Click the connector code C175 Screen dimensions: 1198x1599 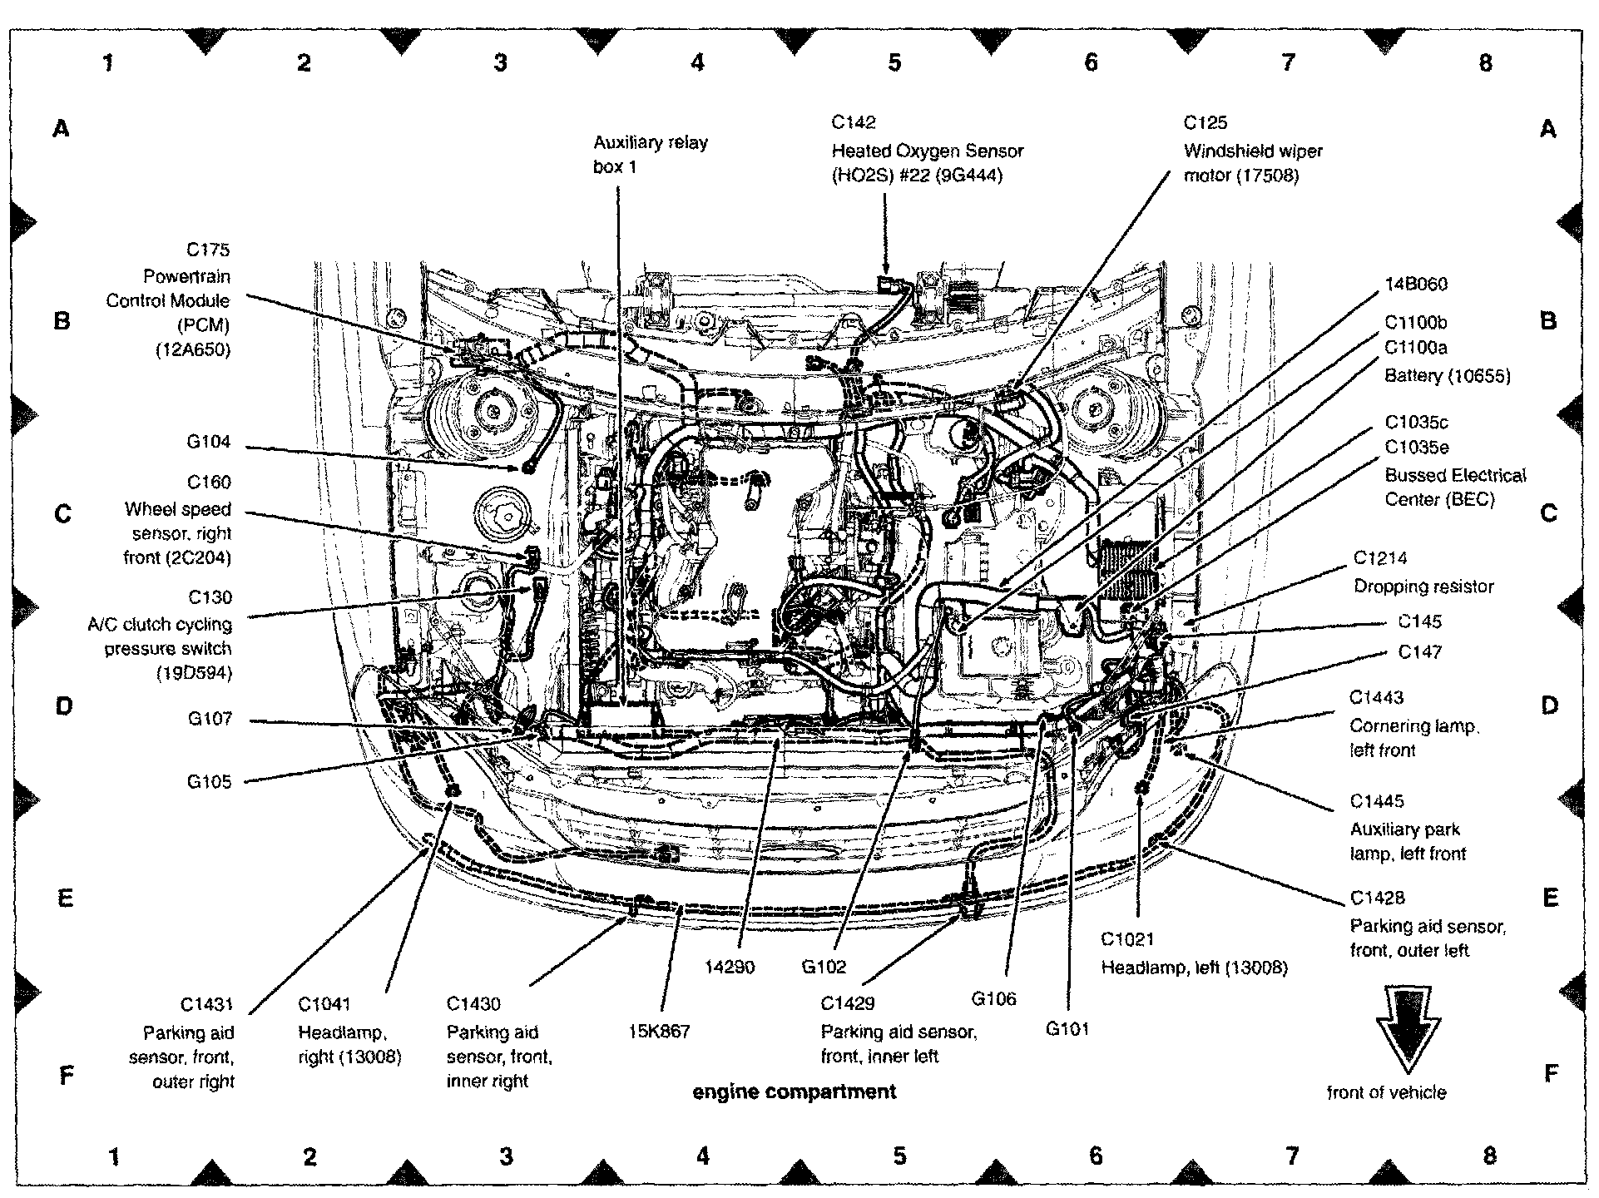point(207,250)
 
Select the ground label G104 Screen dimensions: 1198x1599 point(208,442)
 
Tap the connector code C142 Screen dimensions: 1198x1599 point(853,123)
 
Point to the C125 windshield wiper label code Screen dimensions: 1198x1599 point(1205,123)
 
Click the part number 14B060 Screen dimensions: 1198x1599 point(1416,285)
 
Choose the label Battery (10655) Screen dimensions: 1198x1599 point(1447,376)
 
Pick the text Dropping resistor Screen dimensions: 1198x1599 point(1423,587)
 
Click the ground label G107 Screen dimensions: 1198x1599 point(209,719)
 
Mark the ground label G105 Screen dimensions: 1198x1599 point(209,782)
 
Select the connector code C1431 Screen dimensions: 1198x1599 point(207,1005)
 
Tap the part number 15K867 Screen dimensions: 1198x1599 point(659,1032)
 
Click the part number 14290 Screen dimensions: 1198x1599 point(729,967)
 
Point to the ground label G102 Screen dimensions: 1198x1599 point(824,967)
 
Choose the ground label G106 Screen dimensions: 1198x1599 point(993,999)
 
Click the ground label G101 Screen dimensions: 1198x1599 point(1067,1029)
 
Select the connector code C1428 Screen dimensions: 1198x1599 point(1377,898)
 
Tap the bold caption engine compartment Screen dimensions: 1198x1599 point(795,1092)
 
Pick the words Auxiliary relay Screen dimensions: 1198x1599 point(650,142)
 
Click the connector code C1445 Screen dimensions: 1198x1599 point(1376,801)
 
